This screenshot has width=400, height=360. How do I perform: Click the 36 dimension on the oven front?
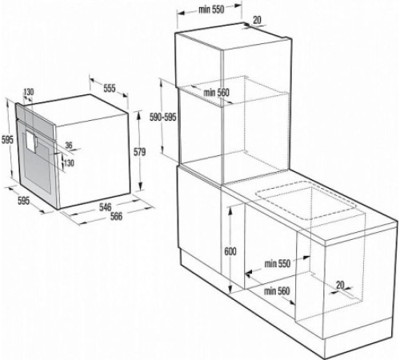coord(68,146)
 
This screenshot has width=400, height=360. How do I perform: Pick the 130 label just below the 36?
coord(69,162)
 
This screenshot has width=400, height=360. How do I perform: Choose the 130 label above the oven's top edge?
coord(30,93)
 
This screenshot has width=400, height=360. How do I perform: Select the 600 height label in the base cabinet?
coord(231,251)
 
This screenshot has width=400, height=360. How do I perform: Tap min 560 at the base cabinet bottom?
coord(276,291)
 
